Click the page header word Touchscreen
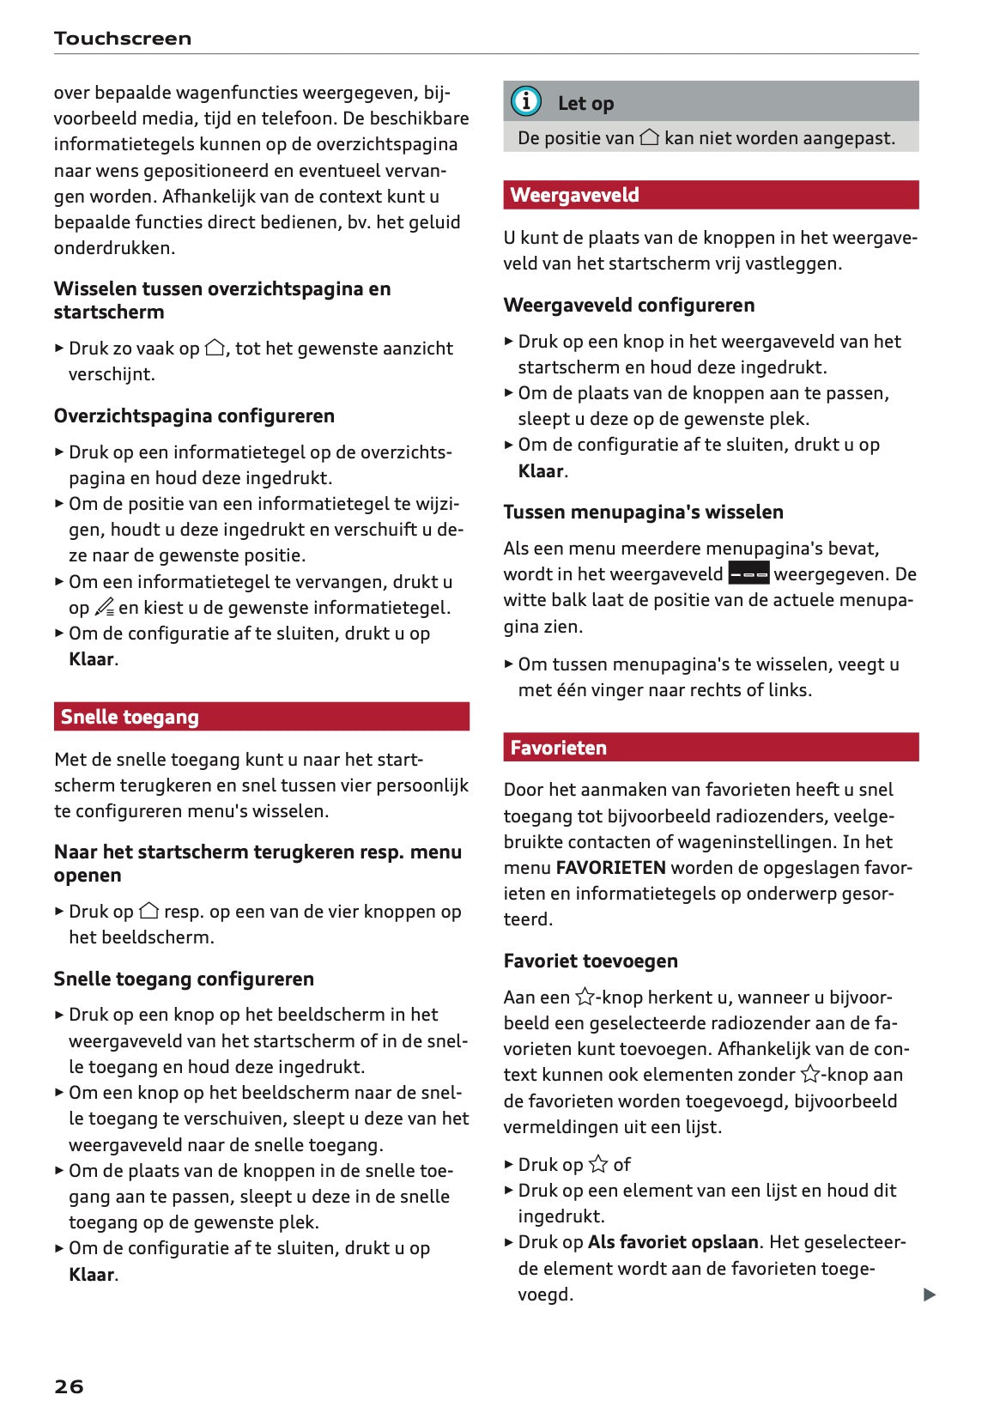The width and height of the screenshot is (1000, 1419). pyautogui.click(x=122, y=39)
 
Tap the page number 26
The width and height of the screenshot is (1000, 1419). pyautogui.click(x=69, y=1386)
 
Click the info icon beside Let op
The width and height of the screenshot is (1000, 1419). pyautogui.click(x=526, y=102)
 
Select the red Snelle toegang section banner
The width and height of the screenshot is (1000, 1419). pyautogui.click(x=261, y=717)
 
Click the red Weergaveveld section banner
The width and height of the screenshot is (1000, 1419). pyautogui.click(x=710, y=195)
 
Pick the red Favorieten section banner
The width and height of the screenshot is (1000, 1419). pyautogui.click(x=710, y=748)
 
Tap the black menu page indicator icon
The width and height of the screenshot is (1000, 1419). pyautogui.click(x=748, y=573)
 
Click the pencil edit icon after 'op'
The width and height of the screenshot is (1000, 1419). pyautogui.click(x=104, y=608)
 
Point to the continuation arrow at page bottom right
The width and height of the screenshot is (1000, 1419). pyautogui.click(x=929, y=1295)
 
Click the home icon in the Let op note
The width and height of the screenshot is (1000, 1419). pyautogui.click(x=649, y=137)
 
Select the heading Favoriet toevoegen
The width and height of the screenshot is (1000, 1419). pyautogui.click(x=590, y=961)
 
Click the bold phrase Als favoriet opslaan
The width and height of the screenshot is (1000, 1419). pyautogui.click(x=672, y=1242)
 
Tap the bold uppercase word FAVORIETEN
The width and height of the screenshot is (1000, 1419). pyautogui.click(x=610, y=868)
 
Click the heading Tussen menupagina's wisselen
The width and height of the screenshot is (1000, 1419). pyautogui.click(x=643, y=512)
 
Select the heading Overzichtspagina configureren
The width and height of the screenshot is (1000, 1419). pyautogui.click(x=194, y=415)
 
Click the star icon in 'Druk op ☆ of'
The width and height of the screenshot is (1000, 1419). pyautogui.click(x=597, y=1165)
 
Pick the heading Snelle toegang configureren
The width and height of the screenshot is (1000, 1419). pyautogui.click(x=184, y=979)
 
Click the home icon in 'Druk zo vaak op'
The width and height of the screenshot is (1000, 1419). pyautogui.click(x=215, y=349)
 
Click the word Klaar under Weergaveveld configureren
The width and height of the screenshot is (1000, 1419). pyautogui.click(x=540, y=471)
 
